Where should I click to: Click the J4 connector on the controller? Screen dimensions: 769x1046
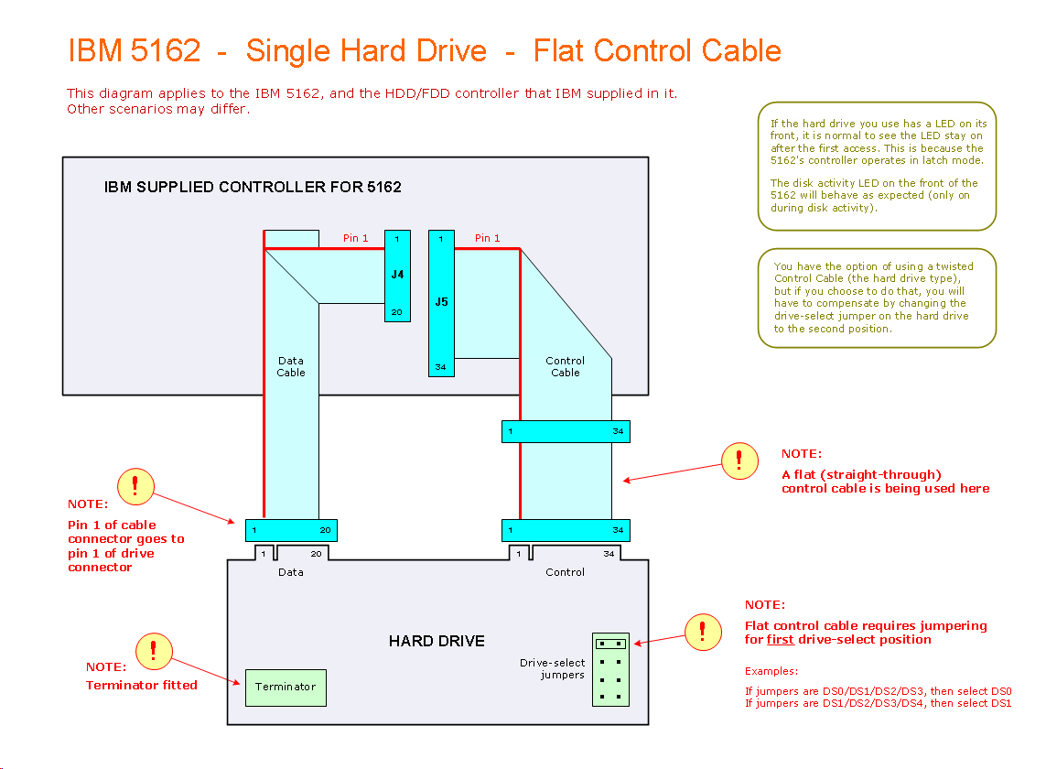(x=397, y=275)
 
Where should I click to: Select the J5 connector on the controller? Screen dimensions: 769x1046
(x=441, y=302)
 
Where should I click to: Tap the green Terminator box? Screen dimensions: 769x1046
(x=286, y=688)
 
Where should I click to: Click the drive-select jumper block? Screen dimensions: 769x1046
(x=610, y=670)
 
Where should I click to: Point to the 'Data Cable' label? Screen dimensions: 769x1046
(x=291, y=366)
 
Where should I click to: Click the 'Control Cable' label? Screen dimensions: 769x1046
(x=566, y=366)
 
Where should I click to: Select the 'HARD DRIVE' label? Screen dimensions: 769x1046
(x=437, y=641)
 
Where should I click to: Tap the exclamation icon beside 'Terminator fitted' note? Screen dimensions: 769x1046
(x=153, y=650)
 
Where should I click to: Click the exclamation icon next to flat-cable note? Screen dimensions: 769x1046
(x=739, y=460)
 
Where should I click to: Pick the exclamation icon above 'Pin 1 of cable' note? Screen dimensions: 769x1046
(x=135, y=485)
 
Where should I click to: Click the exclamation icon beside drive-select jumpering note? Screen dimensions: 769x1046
(x=703, y=632)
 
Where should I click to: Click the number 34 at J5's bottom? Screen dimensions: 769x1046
(x=440, y=367)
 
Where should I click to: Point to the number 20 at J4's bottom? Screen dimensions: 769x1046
(x=397, y=312)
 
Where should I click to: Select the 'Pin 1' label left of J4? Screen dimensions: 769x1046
(x=356, y=238)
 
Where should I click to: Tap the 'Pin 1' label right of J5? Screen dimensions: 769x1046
(x=488, y=238)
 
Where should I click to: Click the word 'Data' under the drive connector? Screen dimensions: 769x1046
(x=291, y=572)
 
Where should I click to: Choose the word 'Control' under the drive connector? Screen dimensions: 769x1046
(x=565, y=572)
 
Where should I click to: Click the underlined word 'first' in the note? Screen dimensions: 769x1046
(x=780, y=640)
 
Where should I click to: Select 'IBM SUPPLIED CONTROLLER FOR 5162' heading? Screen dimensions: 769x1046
(x=253, y=187)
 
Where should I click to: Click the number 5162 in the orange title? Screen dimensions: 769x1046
(x=166, y=50)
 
